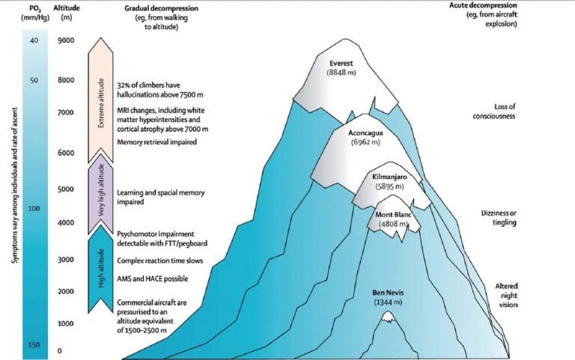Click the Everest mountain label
point(344,67)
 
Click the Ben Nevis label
point(389,296)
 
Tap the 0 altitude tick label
point(59,350)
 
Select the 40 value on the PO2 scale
point(34,41)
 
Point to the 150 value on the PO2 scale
point(33,344)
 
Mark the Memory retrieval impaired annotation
point(156,142)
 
